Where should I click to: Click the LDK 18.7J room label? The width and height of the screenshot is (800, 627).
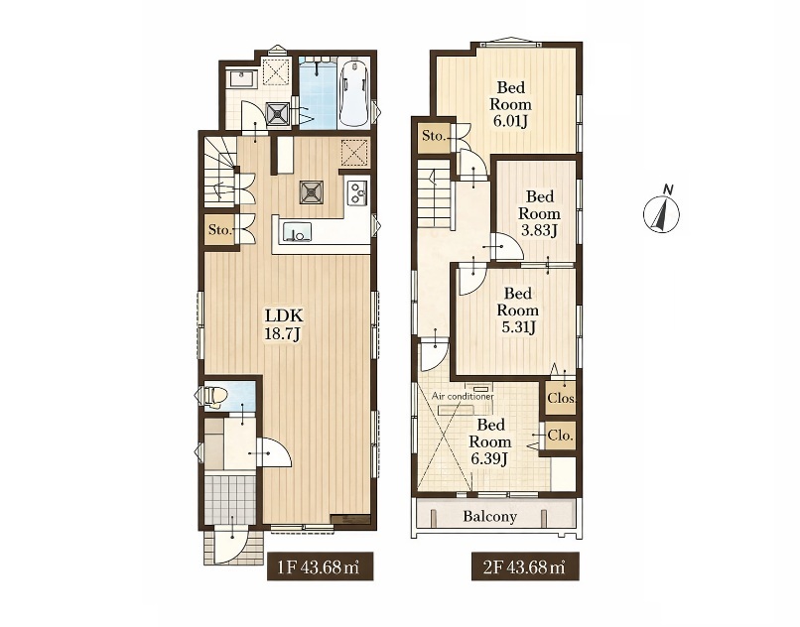pos(284,324)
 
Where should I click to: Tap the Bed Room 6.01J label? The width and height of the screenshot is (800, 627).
pos(511,104)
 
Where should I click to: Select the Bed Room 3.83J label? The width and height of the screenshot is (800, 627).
pos(539,213)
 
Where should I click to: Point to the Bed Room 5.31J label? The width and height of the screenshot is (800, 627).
pos(518,311)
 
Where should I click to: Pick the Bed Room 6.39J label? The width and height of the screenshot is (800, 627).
pos(489,441)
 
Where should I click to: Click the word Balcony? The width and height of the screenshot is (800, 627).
pos(489,516)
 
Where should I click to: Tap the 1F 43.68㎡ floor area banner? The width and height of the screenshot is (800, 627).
pos(320,566)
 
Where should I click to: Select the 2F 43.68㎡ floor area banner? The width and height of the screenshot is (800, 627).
pos(525,566)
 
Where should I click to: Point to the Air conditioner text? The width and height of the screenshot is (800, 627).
pos(463,396)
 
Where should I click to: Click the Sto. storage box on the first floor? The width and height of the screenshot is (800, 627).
pos(220,230)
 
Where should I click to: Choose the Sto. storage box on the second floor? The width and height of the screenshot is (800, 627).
pos(434,136)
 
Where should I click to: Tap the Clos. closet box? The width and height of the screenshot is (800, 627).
pos(561,397)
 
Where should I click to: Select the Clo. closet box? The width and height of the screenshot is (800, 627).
pos(561,436)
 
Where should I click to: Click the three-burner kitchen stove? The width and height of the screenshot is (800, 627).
pos(357,192)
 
